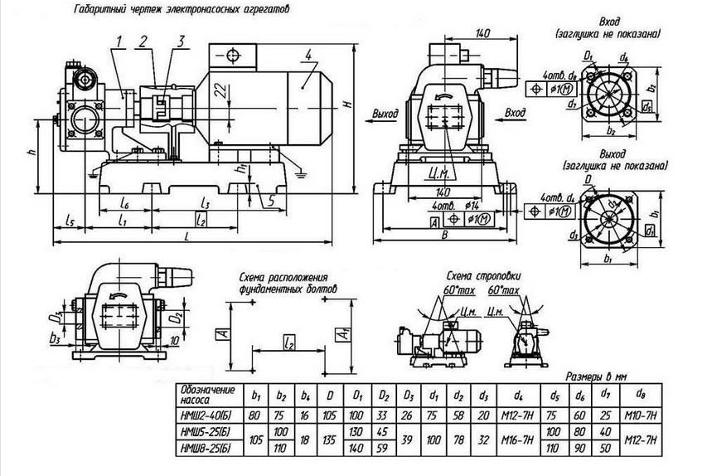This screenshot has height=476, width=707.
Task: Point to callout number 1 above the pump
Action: click(120, 41)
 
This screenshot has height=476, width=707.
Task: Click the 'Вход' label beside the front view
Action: click(516, 111)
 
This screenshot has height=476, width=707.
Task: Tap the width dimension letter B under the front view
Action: click(446, 236)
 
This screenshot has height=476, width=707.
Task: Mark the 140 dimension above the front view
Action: click(483, 33)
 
